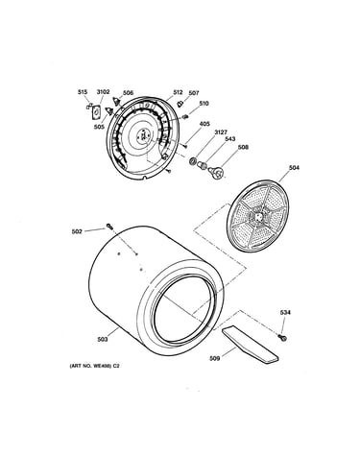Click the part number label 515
click(83, 92)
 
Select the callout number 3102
click(103, 92)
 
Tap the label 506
click(128, 93)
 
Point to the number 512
click(178, 92)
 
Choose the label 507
click(194, 93)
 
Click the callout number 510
click(204, 104)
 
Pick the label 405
click(204, 124)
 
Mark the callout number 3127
click(221, 132)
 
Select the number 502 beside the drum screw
click(77, 231)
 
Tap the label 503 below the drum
click(103, 340)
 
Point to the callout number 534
click(285, 312)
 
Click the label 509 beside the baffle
click(214, 359)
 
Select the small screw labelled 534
click(282, 337)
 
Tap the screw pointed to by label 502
click(109, 227)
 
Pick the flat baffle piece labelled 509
click(250, 345)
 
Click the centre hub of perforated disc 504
click(258, 216)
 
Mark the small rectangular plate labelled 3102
click(96, 112)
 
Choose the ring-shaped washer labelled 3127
click(193, 161)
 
